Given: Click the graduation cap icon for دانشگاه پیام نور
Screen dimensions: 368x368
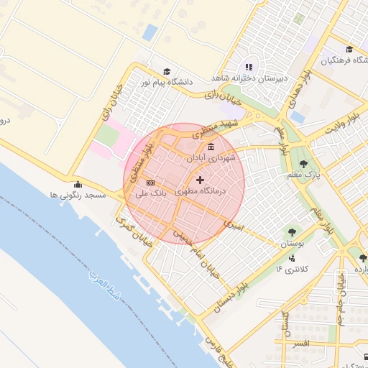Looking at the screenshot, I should (167, 72).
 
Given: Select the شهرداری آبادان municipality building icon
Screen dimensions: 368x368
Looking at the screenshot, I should (210, 147).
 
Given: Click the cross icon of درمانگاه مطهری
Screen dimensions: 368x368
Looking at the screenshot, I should (199, 179).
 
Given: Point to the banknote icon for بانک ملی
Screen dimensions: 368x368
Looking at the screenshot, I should (150, 183).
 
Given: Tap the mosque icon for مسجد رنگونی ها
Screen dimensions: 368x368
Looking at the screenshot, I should (78, 184).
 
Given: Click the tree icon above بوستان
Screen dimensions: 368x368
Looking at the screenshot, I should (292, 232).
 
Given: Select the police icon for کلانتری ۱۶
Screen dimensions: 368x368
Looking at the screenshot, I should (292, 258).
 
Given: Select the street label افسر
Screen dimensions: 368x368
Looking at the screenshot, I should (299, 344).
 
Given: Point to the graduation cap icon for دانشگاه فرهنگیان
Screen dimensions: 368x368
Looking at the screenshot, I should (349, 49).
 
